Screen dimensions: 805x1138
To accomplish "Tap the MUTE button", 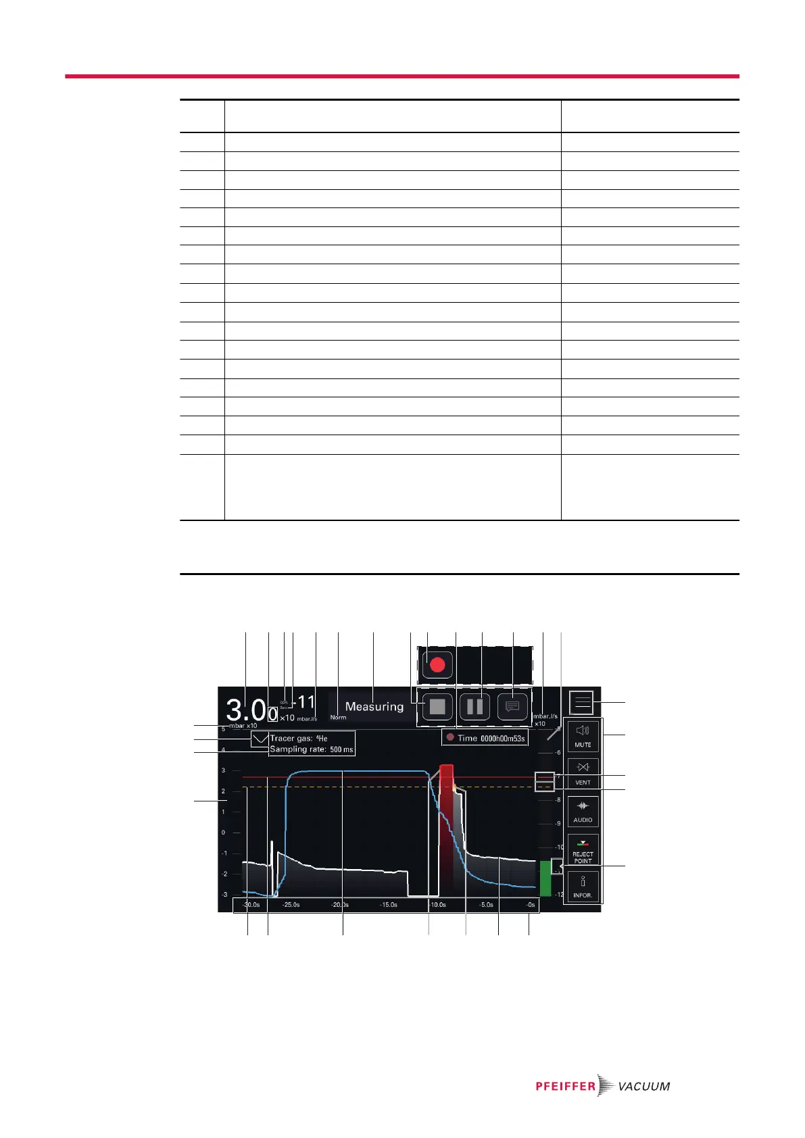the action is pos(583,735).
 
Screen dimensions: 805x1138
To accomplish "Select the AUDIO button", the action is pos(583,810).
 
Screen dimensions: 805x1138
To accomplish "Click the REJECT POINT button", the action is pos(583,849).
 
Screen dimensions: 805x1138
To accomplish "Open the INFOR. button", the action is pos(583,887).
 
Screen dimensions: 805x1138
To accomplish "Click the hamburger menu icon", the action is pos(582,703).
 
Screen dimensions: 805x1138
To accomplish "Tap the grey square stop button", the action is pos(437,707).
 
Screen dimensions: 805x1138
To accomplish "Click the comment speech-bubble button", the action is pos(512,707).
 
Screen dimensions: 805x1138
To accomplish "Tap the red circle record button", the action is pos(437,665).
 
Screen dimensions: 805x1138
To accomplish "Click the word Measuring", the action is pos(374,707).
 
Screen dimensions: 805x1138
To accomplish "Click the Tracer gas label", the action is pos(298,739).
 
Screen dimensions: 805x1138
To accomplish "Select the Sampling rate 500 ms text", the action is pos(311,749).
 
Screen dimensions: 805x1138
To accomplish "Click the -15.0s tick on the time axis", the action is pos(388,905).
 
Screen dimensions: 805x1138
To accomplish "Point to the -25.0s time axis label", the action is pos(291,905).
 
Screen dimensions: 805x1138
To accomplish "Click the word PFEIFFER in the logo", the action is pos(566,1086).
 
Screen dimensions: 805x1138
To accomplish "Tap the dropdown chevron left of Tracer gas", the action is pos(260,740).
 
